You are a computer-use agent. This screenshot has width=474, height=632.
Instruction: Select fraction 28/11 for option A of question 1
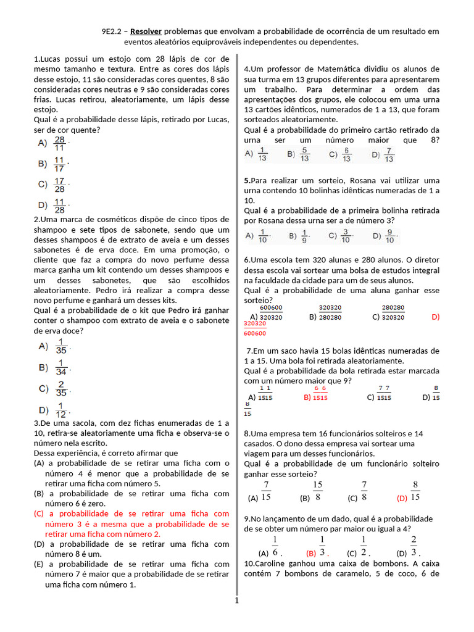(60, 143)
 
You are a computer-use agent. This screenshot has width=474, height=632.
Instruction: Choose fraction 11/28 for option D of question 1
(60, 206)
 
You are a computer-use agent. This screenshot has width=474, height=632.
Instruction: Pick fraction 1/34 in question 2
(61, 368)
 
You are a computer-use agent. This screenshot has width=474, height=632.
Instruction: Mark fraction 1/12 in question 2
(61, 410)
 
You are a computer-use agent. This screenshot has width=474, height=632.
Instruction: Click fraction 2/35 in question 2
(60, 389)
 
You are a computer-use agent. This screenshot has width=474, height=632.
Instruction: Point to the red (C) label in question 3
(39, 513)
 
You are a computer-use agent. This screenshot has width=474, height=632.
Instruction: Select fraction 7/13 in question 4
(388, 154)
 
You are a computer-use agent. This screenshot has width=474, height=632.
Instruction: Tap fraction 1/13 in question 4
(262, 154)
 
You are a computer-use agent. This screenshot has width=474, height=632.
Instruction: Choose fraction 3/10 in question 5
(346, 236)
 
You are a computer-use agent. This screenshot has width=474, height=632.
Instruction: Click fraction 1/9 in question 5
(304, 236)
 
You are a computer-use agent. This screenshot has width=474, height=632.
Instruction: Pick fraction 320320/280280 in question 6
(330, 313)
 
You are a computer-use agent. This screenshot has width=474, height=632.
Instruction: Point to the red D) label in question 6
(435, 317)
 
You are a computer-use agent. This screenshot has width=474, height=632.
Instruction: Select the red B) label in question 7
(307, 397)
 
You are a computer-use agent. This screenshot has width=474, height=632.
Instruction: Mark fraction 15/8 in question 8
(318, 491)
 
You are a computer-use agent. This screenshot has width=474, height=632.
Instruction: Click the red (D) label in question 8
(402, 498)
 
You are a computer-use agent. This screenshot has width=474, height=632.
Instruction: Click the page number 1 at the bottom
(236, 600)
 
